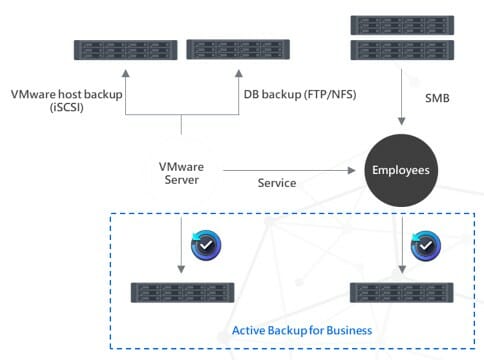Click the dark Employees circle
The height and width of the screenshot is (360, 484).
tap(401, 170)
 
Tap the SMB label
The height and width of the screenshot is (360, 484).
tap(437, 98)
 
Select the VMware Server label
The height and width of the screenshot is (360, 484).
tap(181, 173)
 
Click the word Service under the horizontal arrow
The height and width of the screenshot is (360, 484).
tap(277, 183)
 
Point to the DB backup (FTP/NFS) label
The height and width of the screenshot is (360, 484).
tap(300, 94)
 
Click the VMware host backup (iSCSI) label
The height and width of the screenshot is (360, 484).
tap(67, 100)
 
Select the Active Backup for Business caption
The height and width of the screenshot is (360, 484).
tap(302, 330)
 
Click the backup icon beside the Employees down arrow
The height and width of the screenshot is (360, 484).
tap(426, 246)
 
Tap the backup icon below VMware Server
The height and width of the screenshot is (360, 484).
tap(206, 245)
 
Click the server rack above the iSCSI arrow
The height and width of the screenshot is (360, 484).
tap(125, 50)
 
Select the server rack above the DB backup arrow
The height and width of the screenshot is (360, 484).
tap(238, 49)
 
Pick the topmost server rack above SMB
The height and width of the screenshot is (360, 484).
tap(402, 25)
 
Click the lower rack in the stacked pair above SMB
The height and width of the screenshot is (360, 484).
tap(402, 50)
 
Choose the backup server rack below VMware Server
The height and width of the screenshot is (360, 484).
tap(182, 293)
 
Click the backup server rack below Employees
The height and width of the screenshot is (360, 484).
tap(402, 293)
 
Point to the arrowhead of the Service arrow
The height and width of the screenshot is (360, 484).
tap(351, 170)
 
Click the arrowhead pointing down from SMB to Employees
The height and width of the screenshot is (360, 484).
tap(402, 121)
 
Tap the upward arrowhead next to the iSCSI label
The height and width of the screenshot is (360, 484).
tap(125, 73)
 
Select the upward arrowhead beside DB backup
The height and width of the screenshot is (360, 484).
tap(239, 73)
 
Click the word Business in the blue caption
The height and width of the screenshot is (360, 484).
tap(349, 330)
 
